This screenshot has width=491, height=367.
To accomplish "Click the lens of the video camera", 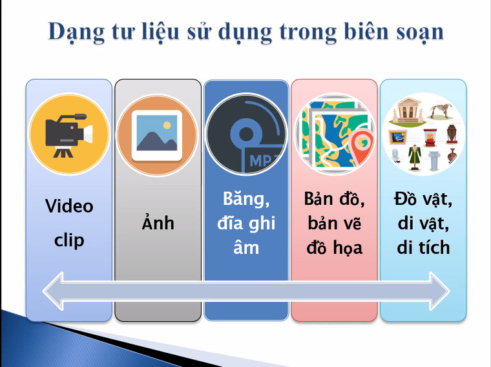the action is [89, 134].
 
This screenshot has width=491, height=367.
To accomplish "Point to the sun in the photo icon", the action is [167, 125].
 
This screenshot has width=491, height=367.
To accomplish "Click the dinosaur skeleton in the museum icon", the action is [441, 111].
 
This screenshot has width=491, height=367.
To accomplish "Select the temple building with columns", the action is [407, 110].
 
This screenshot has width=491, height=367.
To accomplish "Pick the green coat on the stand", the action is [415, 157].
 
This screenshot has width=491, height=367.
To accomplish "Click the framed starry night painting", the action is [398, 137].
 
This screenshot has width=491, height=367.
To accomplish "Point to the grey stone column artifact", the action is [434, 161].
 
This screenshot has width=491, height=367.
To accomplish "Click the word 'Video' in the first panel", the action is [69, 206].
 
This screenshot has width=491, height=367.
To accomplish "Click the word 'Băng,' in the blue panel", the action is [246, 200].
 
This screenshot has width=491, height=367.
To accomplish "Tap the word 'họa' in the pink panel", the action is [348, 248].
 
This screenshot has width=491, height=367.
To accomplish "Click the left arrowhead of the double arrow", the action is [53, 291].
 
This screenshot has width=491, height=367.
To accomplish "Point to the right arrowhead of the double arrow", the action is [440, 291].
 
